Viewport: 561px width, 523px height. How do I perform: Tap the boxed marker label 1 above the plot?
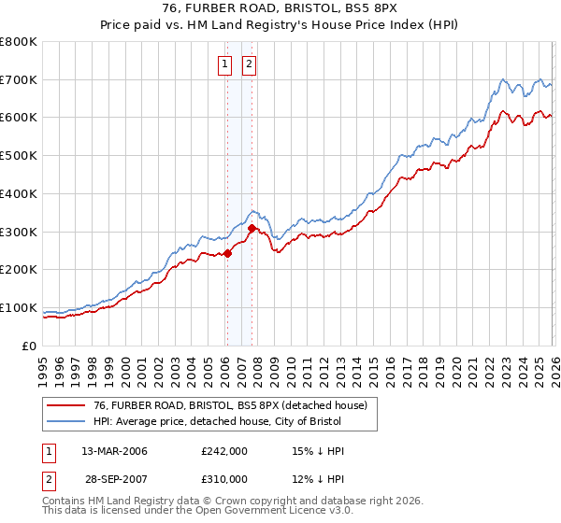(226, 64)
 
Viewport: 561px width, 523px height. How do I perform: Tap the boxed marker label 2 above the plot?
(251, 64)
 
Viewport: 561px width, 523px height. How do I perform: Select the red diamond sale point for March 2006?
(227, 253)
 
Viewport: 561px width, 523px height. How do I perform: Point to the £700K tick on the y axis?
(20, 79)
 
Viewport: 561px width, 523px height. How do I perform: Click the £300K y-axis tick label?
(20, 232)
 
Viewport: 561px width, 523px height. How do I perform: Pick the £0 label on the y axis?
(28, 346)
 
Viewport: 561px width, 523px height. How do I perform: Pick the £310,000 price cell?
(224, 479)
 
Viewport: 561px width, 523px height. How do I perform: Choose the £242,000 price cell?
(224, 451)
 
